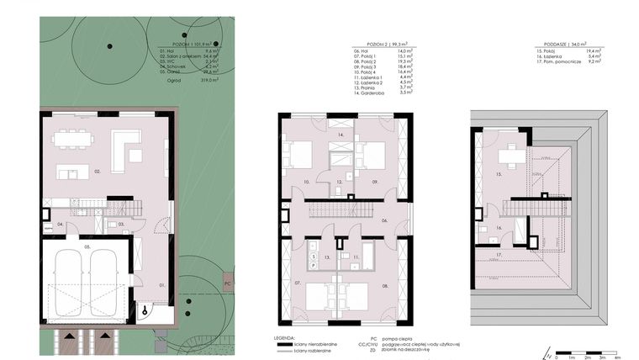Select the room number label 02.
pos(98,172)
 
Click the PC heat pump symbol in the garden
pos(227,283)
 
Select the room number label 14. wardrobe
pos(341,135)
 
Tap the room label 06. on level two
pos(384,221)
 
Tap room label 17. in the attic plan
pos(499,254)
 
